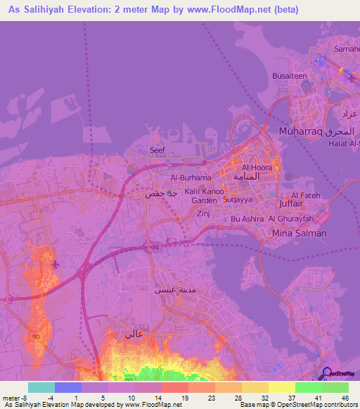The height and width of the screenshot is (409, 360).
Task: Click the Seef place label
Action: [157, 150]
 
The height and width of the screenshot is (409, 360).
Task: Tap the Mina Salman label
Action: [298, 233]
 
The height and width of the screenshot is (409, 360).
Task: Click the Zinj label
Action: [204, 212]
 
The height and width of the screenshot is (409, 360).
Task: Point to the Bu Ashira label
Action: [247, 219]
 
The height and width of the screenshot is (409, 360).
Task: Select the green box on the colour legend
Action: [309, 387]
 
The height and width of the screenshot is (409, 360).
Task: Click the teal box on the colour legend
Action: [41, 387]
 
